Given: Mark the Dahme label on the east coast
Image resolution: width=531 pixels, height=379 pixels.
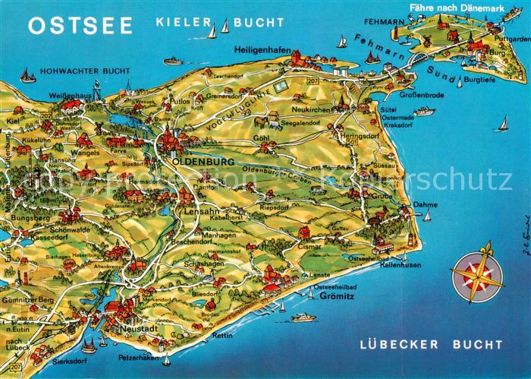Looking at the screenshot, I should [426, 204].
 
